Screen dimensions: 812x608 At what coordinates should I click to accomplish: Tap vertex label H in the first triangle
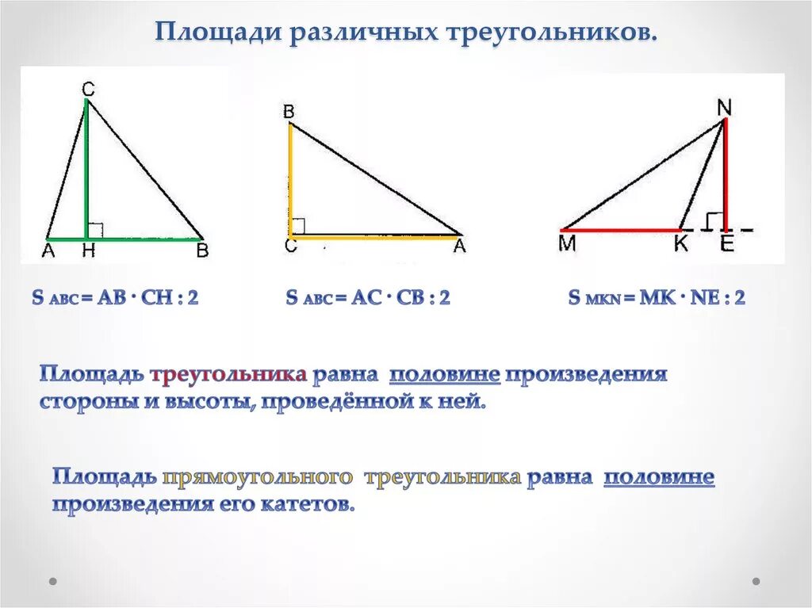coord(89,250)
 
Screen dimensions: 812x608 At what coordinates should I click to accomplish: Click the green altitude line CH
coord(86,169)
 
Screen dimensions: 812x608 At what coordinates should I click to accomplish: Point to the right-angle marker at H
coord(96,230)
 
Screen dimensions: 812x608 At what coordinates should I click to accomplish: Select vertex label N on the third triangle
coord(724,108)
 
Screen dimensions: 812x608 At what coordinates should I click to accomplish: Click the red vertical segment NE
coord(726,174)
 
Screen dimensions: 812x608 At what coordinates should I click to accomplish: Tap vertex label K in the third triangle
coord(681,243)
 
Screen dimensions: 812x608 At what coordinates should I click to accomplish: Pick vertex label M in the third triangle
coord(568,243)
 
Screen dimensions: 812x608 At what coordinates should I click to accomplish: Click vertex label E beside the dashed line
coord(726,243)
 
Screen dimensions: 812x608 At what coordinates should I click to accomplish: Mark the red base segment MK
coord(620,230)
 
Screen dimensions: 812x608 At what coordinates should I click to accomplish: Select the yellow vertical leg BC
coord(290,180)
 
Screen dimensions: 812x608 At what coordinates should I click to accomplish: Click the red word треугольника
coord(229,375)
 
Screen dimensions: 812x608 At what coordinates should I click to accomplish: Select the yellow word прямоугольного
coord(258,477)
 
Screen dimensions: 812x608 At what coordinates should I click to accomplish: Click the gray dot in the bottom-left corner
coord(53,582)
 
